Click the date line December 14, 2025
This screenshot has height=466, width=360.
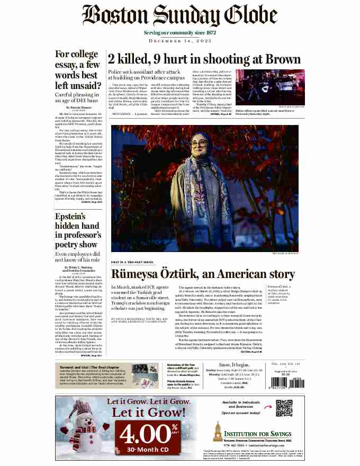coord(179,41)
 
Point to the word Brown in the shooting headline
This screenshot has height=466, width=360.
coord(269,58)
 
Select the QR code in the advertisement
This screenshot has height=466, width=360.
coord(284,408)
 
